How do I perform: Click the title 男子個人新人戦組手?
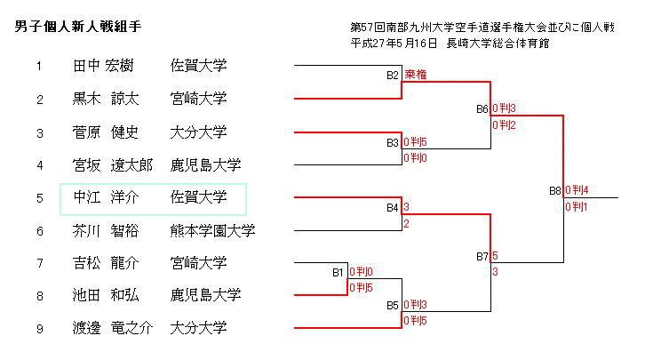point(79,27)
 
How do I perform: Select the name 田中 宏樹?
point(102,66)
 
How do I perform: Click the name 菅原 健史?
point(106,132)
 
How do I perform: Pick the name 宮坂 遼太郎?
point(113,165)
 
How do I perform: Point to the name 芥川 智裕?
point(106,231)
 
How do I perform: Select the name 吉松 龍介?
point(106,263)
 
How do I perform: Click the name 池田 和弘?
point(106,295)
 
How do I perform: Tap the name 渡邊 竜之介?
point(113,328)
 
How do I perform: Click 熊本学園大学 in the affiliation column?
point(212,231)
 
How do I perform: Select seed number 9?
point(39,328)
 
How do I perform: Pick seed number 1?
point(39,66)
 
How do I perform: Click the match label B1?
point(338,272)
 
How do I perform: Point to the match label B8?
point(555,190)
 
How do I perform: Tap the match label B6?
point(482,108)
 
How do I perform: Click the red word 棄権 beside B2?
point(416,76)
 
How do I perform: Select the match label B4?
point(393,207)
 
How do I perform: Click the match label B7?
point(482,256)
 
